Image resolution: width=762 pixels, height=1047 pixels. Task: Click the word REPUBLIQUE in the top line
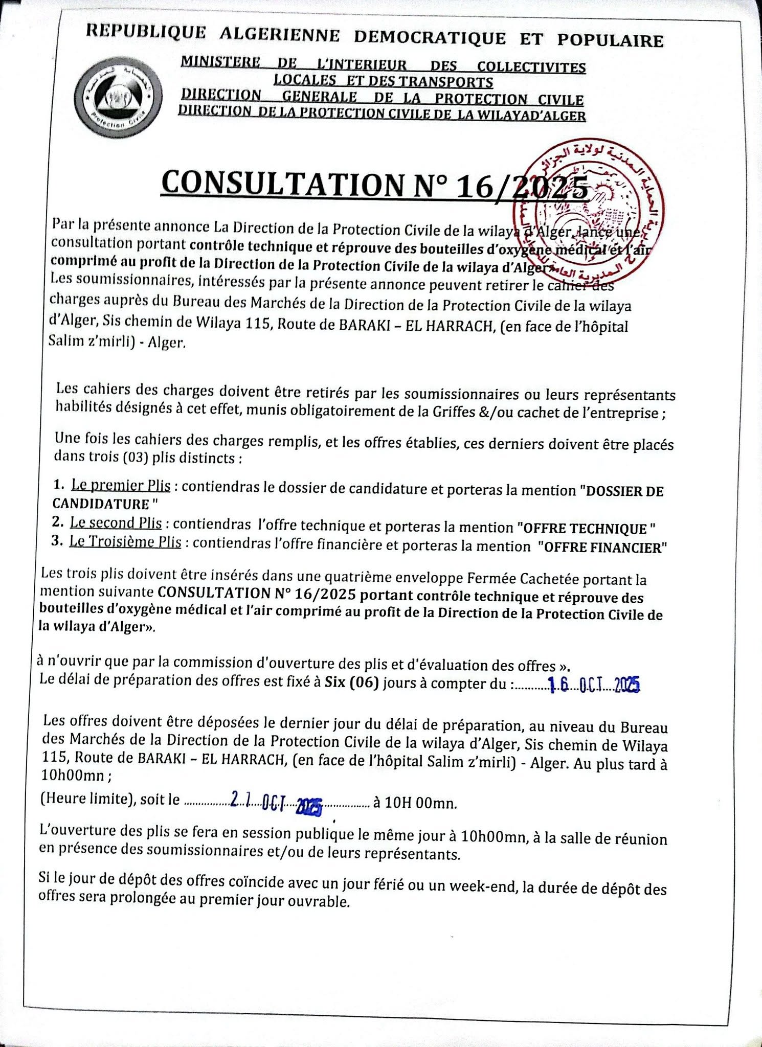click(146, 32)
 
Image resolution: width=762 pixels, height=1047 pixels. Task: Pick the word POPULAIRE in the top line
click(610, 40)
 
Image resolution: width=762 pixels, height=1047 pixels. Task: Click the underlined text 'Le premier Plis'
click(121, 485)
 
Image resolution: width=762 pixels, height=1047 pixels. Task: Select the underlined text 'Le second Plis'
click(116, 523)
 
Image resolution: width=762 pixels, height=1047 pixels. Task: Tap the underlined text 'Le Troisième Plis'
click(125, 542)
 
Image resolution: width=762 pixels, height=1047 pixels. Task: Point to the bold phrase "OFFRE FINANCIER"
click(602, 548)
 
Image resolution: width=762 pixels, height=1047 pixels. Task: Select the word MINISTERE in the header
click(220, 62)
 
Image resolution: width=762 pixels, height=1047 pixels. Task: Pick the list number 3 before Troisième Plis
click(57, 541)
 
